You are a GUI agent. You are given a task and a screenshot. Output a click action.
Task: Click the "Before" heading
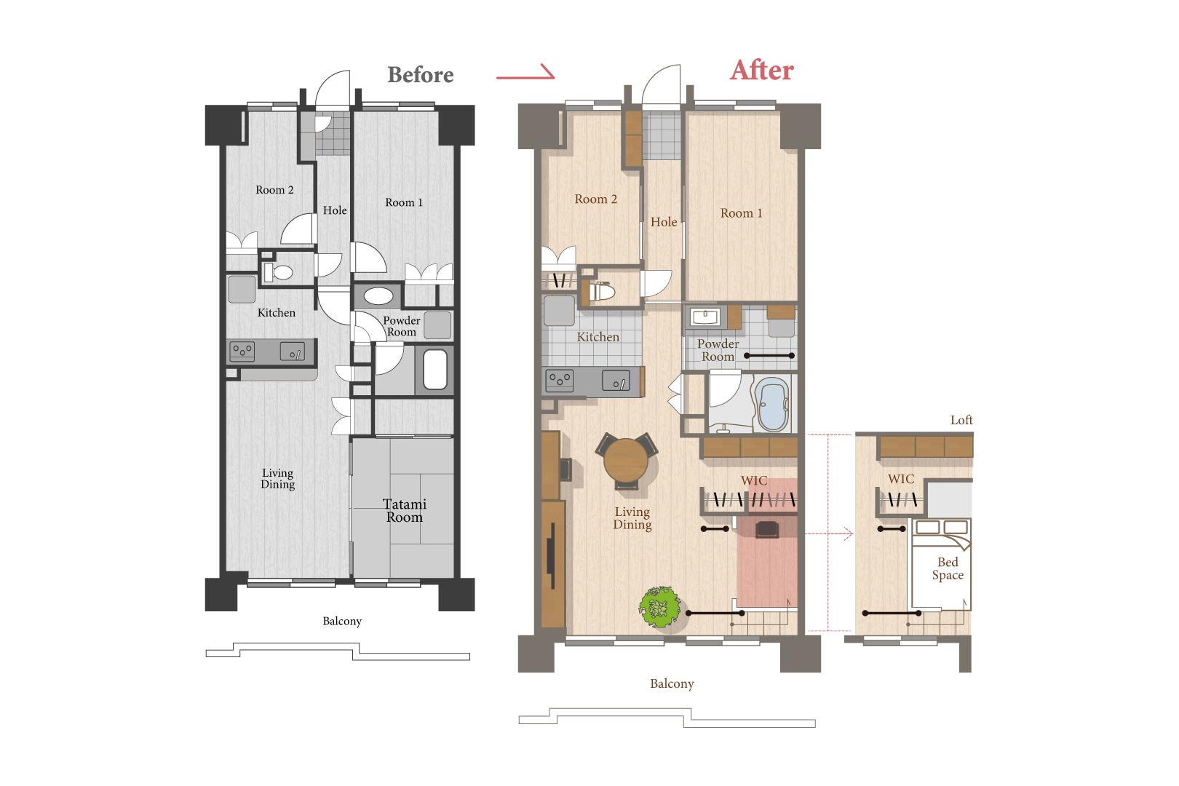[x=420, y=75]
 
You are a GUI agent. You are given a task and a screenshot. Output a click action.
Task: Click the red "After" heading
[x=761, y=70]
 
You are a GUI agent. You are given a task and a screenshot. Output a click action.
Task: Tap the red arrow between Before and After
[x=525, y=74]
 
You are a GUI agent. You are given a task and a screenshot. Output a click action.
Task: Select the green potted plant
[x=659, y=607]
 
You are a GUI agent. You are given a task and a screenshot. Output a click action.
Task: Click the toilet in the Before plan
[x=278, y=272]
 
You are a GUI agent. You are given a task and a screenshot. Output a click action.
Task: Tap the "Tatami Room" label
[x=404, y=511]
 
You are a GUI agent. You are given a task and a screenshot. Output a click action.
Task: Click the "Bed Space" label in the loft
[x=948, y=568]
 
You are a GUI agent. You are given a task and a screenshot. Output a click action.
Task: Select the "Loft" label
[x=961, y=420]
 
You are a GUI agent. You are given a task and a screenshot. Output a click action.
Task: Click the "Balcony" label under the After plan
[x=672, y=683]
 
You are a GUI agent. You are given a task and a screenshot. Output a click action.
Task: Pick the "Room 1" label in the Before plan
[x=404, y=202]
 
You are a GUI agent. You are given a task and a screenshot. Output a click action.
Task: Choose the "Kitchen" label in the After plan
[x=598, y=337]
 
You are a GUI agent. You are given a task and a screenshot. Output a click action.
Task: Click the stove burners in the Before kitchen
[x=242, y=351]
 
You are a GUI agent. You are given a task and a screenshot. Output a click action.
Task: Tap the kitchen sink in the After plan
[x=616, y=381]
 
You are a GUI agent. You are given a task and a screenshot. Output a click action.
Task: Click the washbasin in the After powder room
[x=705, y=317]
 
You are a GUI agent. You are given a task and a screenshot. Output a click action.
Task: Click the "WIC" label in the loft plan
[x=900, y=479]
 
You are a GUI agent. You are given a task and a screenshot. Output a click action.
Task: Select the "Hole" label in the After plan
[x=664, y=222]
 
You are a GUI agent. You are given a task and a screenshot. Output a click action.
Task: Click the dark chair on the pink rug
[x=767, y=529]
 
